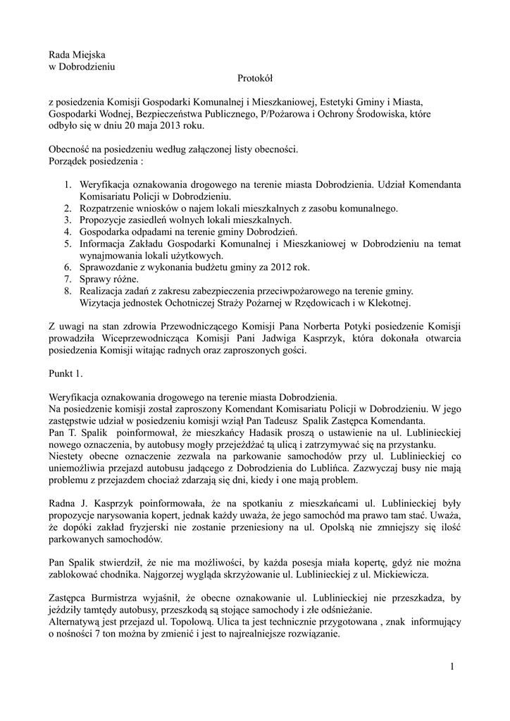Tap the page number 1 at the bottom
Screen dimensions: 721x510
click(x=452, y=666)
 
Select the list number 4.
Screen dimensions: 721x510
click(x=68, y=231)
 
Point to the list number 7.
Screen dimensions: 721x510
click(x=68, y=279)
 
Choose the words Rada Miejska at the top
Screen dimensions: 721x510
click(x=76, y=55)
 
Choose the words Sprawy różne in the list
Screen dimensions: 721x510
click(x=105, y=279)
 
